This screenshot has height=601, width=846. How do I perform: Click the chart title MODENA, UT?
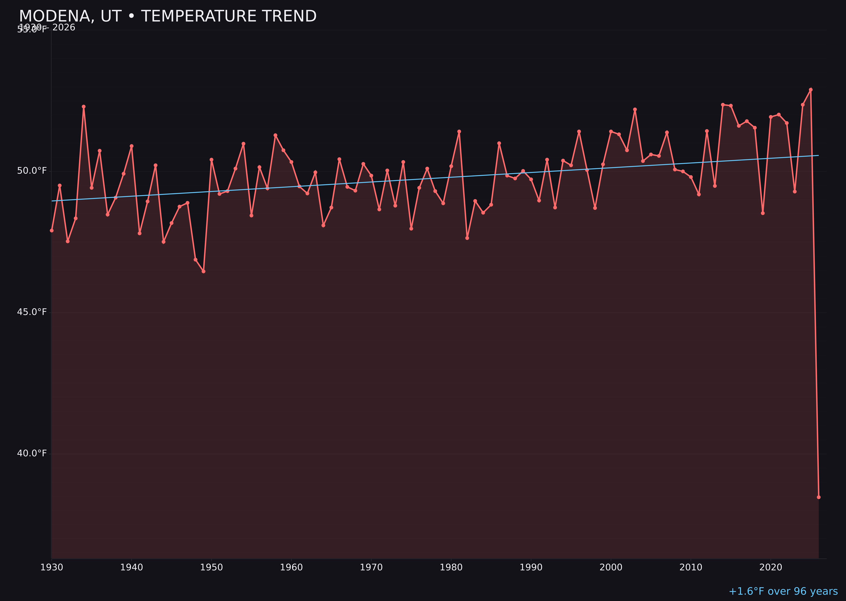coord(168,16)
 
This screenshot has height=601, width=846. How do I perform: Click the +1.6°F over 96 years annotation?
coord(783,591)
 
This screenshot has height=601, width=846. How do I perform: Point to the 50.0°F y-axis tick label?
coord(32,171)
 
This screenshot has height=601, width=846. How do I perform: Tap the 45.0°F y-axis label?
coord(32,312)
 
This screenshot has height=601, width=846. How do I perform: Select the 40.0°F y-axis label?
coord(32,453)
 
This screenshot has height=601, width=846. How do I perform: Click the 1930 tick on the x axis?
coord(51,567)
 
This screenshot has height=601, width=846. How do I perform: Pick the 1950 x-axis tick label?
coord(211,567)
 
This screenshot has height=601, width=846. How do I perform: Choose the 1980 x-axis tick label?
coord(451,567)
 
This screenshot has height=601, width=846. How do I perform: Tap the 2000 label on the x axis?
coord(611,567)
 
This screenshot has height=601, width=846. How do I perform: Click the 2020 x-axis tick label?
coord(771,567)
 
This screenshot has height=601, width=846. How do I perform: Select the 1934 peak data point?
coord(84,107)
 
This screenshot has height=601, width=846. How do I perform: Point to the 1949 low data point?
coord(203,271)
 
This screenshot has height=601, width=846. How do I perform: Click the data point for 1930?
coord(51,231)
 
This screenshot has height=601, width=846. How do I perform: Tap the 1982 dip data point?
coord(467,238)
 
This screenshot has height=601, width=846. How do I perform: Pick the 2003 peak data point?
coord(635,109)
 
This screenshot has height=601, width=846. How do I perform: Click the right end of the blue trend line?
coord(818,156)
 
